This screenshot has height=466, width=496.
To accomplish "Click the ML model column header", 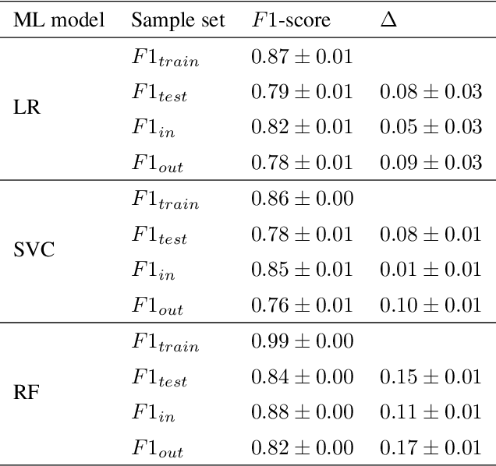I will [59, 19].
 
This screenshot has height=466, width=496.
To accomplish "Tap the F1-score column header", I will [290, 19].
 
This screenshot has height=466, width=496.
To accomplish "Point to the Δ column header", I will [388, 19].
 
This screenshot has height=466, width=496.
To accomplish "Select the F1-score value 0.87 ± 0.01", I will [302, 56].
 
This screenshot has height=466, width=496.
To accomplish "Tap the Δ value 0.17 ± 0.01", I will [430, 447].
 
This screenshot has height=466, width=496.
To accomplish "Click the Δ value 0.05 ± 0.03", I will [430, 127].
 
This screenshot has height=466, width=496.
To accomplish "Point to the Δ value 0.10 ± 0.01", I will [430, 305].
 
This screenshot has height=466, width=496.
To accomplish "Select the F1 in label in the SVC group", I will [152, 270].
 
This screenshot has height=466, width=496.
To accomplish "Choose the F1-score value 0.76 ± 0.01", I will [302, 305].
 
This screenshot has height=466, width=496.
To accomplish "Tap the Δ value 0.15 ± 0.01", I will [430, 376].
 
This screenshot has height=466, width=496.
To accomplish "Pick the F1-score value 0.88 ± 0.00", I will [302, 411].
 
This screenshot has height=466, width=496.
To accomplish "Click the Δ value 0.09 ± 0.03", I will [430, 163].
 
